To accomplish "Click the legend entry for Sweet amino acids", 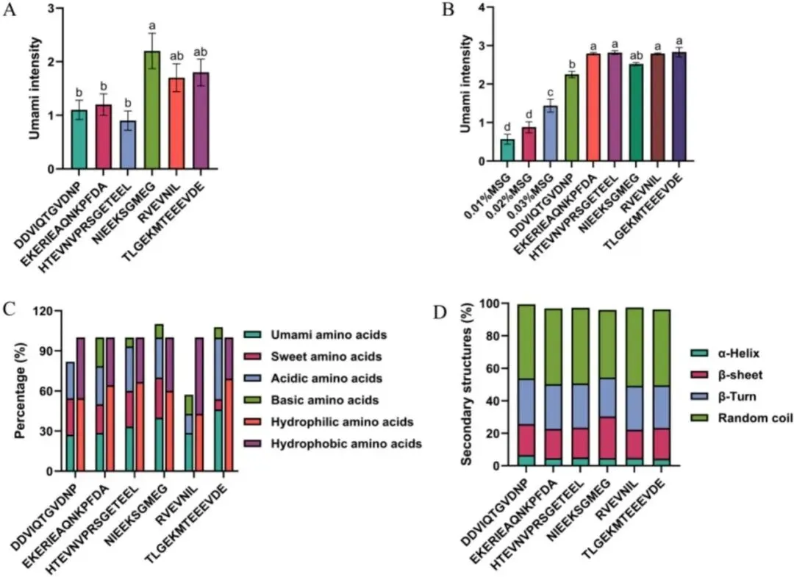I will pos(312,356).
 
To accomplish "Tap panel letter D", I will pos(440,313).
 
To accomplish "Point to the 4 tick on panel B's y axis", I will pos(481,7).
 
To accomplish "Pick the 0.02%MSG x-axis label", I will pos(515,193).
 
